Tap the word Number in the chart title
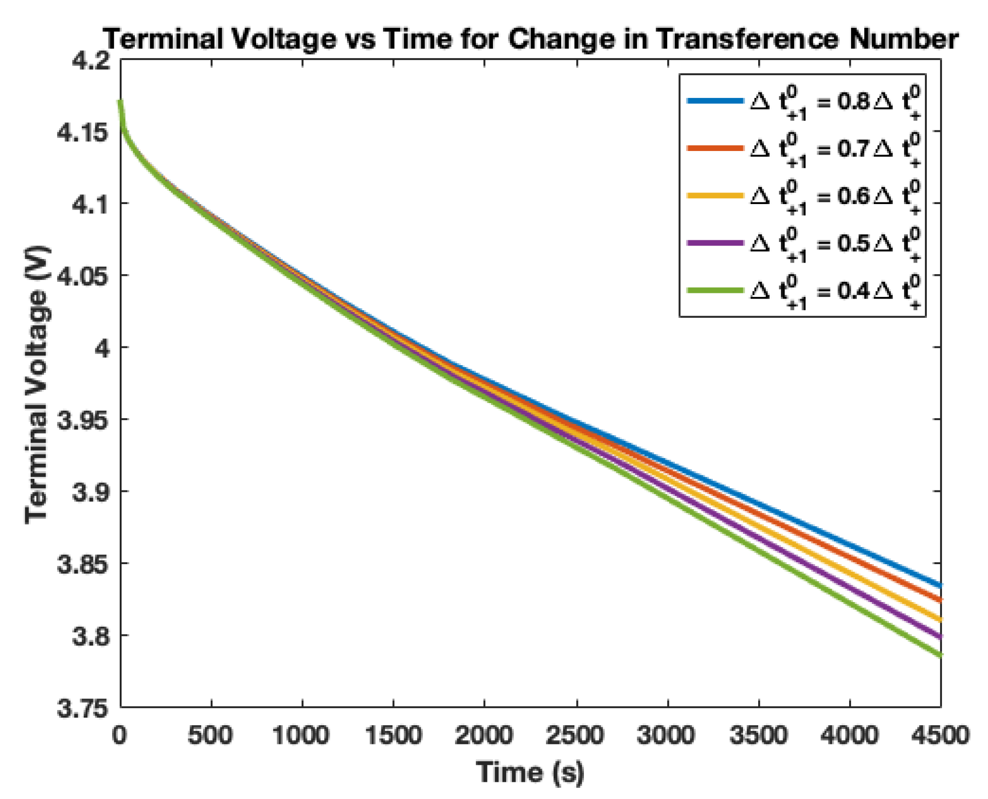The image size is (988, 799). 903,39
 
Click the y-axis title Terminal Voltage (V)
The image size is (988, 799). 37,385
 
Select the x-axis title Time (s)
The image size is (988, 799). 530,772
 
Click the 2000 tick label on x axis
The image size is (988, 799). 484,735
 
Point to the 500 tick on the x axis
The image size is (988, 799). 211,735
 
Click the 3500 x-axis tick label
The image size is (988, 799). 758,735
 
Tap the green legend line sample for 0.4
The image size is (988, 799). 715,290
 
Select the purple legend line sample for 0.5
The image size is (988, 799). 715,243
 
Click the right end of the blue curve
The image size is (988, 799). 940,585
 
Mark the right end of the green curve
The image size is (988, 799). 940,656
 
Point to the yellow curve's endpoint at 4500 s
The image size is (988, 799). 940,619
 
